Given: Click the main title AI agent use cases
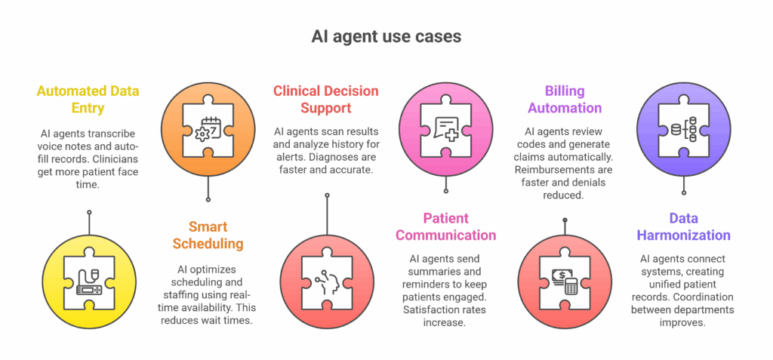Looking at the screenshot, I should (386, 36).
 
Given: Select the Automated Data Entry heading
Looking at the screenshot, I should (88, 100).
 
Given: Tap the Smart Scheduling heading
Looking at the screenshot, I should (208, 235).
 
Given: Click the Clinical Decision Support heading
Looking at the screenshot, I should (325, 100).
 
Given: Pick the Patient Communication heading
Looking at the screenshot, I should (445, 227).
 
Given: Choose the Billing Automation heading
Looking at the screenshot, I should (565, 100).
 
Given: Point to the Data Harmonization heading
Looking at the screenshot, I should (684, 227).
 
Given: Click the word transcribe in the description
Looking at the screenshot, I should (110, 134).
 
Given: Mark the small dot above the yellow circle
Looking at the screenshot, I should (88, 212).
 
